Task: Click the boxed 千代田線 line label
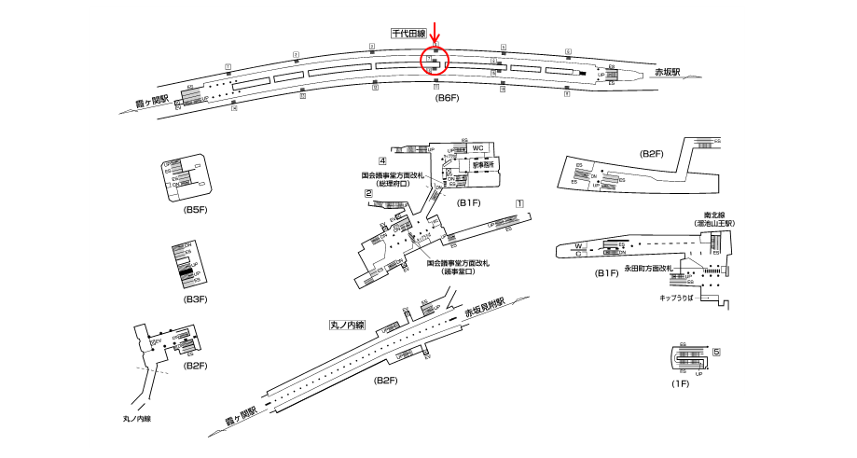click(408, 34)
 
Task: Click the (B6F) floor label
click(449, 98)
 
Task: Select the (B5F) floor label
click(195, 210)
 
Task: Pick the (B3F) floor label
click(195, 298)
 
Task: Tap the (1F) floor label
click(680, 383)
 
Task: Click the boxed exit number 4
click(382, 161)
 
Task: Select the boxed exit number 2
click(368, 194)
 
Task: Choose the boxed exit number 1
click(519, 203)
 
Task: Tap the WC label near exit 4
click(477, 149)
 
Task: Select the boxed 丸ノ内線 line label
click(347, 326)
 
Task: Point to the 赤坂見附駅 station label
click(485, 309)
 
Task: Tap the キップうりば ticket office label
click(678, 298)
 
